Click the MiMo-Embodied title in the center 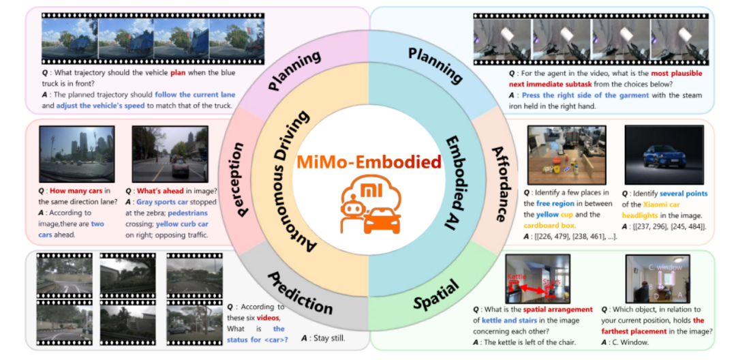[369, 162]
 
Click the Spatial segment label [434, 295]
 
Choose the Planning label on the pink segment [294, 72]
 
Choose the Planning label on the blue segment [435, 67]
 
